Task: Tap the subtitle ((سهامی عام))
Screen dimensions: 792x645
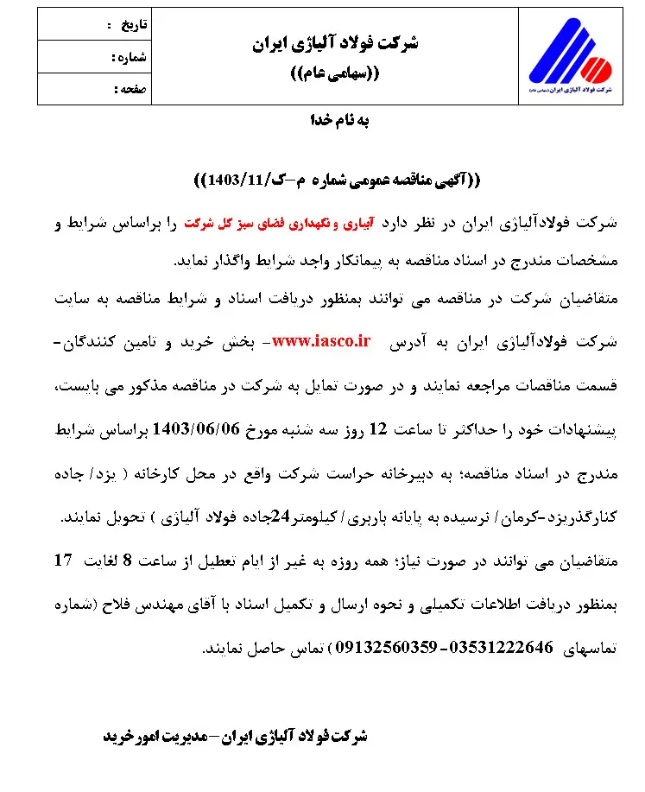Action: [x=332, y=73]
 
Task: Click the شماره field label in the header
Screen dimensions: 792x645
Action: [x=131, y=57]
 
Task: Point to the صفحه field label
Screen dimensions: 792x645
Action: [x=131, y=89]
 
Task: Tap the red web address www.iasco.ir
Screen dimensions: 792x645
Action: [x=321, y=341]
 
